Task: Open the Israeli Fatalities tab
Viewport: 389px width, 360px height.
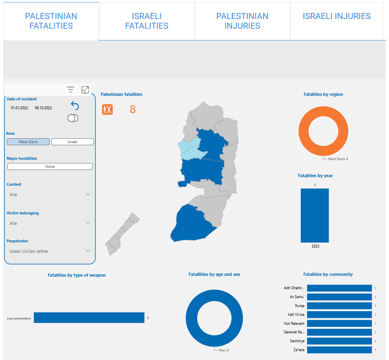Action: click(147, 21)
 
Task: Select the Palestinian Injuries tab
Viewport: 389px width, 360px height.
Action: click(242, 21)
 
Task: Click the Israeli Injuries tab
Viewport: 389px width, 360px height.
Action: click(336, 21)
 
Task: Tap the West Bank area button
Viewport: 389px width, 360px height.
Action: click(28, 142)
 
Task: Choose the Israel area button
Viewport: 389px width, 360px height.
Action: click(72, 142)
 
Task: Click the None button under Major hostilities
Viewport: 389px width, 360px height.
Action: click(50, 166)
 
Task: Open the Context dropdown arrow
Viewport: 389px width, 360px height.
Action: click(88, 194)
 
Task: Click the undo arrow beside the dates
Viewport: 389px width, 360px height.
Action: click(74, 106)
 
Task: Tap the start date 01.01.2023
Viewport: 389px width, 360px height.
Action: click(19, 108)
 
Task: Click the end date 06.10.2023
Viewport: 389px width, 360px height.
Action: click(43, 108)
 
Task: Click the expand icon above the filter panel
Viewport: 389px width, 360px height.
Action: click(85, 89)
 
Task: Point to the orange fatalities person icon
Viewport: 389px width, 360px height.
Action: click(107, 109)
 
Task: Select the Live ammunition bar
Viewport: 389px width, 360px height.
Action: click(89, 318)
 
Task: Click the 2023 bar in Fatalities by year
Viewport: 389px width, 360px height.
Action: click(315, 216)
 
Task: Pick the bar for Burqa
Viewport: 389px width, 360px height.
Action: click(339, 306)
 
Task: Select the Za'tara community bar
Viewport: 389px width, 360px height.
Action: click(339, 350)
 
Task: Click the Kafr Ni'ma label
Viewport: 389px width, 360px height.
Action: click(296, 315)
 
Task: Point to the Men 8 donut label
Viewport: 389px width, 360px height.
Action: click(224, 350)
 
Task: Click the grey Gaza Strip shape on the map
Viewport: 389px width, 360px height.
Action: click(121, 235)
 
